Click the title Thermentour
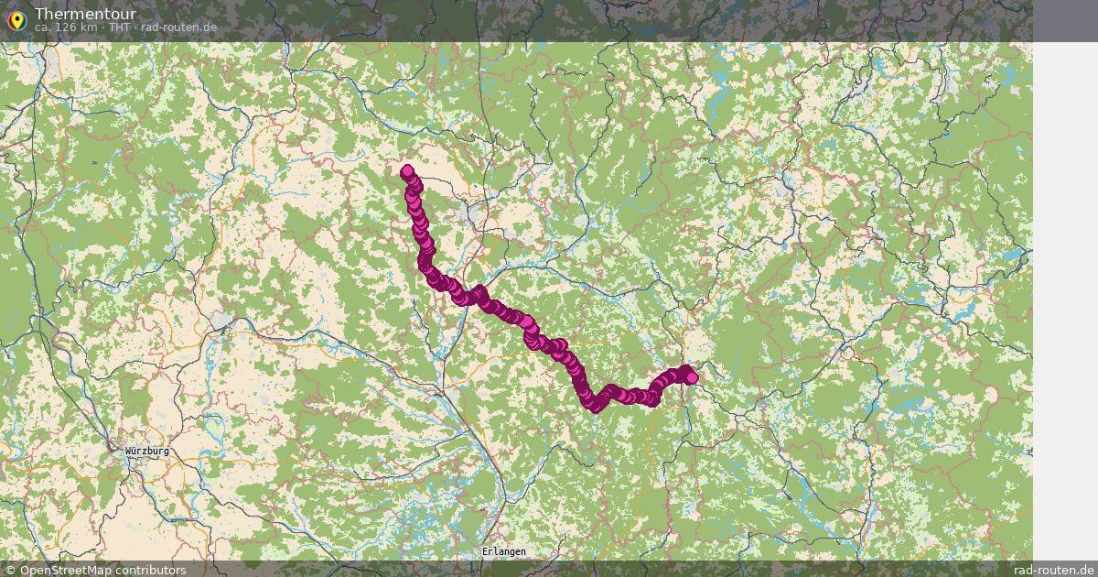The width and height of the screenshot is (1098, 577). (85, 14)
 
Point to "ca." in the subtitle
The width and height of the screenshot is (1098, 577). (43, 27)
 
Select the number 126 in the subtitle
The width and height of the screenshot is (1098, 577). (67, 27)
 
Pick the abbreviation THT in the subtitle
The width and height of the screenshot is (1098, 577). (120, 27)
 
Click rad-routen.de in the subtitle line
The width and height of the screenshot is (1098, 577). (178, 27)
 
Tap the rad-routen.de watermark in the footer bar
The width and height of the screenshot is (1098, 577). (1054, 570)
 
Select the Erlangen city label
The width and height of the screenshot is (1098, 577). (504, 552)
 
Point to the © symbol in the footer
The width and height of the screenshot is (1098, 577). (11, 570)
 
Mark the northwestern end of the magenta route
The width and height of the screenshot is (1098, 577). (407, 170)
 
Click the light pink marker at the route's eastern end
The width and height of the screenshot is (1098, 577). (692, 377)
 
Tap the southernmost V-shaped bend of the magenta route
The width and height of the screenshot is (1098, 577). (596, 406)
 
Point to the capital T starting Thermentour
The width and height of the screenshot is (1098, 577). (39, 14)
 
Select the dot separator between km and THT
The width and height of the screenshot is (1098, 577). (103, 27)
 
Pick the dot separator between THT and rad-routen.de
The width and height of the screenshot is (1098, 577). (136, 27)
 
